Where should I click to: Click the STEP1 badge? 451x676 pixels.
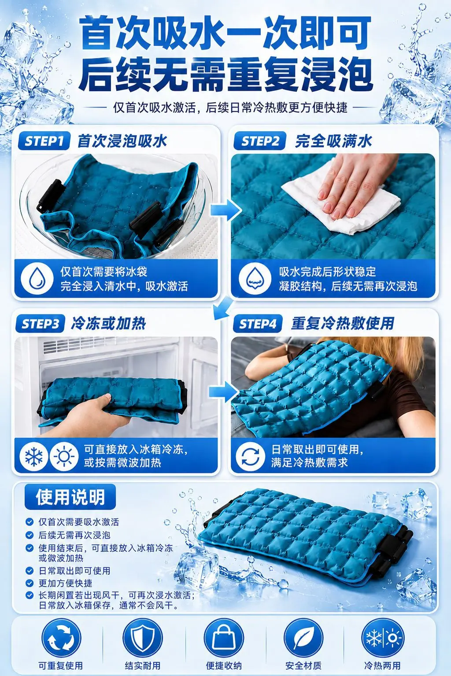pos(44,141)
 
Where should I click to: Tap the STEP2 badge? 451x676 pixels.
pos(259,141)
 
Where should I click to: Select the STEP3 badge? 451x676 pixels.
pos(40,324)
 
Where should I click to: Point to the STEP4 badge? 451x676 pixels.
pos(258,324)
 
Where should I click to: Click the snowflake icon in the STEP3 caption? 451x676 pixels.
pos(34,457)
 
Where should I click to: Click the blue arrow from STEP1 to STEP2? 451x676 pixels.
pos(226,210)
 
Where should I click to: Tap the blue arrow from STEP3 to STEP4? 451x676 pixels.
pos(224,392)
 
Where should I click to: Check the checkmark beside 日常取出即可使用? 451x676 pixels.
pos(29,571)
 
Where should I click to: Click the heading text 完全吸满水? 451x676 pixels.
pos(334,141)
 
